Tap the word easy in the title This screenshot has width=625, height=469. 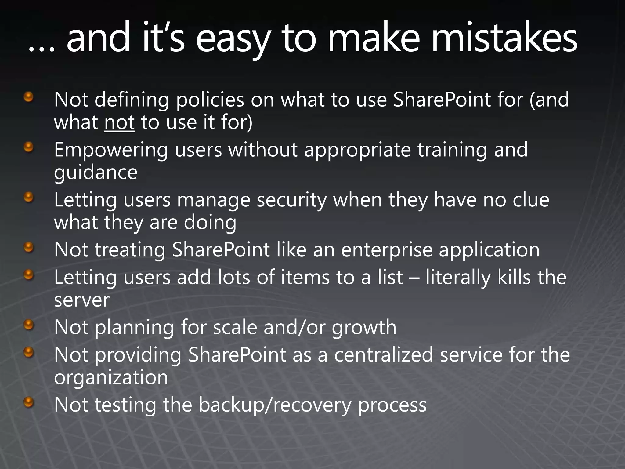point(233,40)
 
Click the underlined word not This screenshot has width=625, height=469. point(119,122)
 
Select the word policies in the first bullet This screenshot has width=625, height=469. point(210,100)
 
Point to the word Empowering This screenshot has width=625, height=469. point(111,150)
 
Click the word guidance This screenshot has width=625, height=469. point(96,173)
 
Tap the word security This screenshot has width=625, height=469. point(291,200)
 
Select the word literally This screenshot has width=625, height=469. point(458,278)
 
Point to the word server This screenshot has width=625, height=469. point(81,300)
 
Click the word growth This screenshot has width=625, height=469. point(364,328)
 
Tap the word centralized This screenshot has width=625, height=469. point(383,355)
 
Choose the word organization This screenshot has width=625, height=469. point(111,378)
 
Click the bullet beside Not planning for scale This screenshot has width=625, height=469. point(29,325)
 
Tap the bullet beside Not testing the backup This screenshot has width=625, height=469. point(29,402)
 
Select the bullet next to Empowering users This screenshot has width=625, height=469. point(29,147)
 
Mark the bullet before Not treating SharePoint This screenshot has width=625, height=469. point(29,247)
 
